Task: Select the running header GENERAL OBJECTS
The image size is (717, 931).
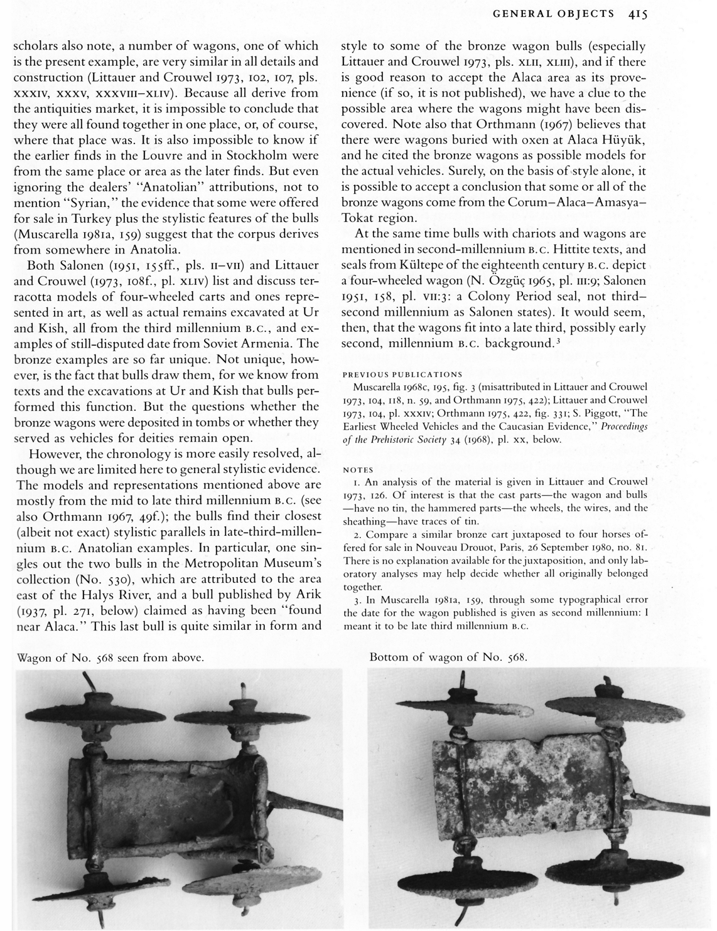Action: (x=554, y=13)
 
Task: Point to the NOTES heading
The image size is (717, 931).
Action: (x=358, y=469)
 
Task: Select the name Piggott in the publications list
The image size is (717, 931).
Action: (x=588, y=413)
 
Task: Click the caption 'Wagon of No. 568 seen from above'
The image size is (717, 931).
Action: (x=110, y=658)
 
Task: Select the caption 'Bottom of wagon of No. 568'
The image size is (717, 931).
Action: (x=448, y=657)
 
